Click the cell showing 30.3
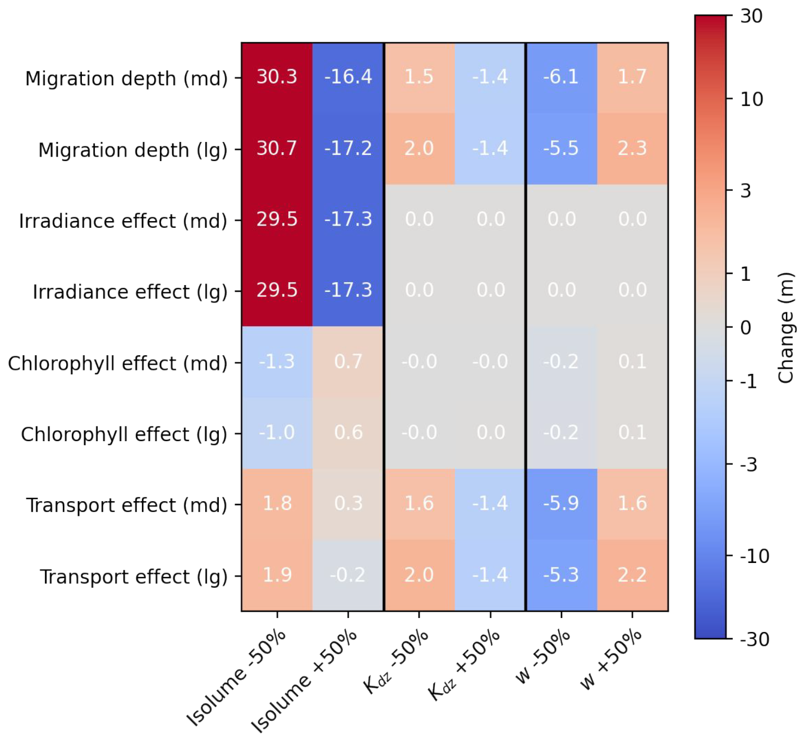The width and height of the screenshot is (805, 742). (x=277, y=77)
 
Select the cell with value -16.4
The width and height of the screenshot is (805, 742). (x=348, y=77)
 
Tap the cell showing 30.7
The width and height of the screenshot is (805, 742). (x=277, y=148)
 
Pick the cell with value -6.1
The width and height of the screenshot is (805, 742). (x=561, y=77)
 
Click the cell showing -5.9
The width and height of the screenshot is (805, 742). (x=561, y=503)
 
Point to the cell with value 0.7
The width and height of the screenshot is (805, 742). (x=348, y=361)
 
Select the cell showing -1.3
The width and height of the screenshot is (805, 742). (x=277, y=361)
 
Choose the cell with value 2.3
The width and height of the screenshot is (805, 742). (x=632, y=148)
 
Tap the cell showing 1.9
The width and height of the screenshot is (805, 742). (x=277, y=575)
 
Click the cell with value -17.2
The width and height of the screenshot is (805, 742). (x=348, y=148)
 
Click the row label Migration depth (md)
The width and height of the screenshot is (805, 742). (x=127, y=79)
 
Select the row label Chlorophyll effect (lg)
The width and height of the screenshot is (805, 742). (x=124, y=434)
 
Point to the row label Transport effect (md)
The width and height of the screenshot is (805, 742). (x=127, y=506)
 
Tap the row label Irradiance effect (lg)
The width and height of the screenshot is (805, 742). (x=130, y=292)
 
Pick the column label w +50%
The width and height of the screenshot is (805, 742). (x=611, y=659)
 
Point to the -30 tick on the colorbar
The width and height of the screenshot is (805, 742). (x=754, y=639)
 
